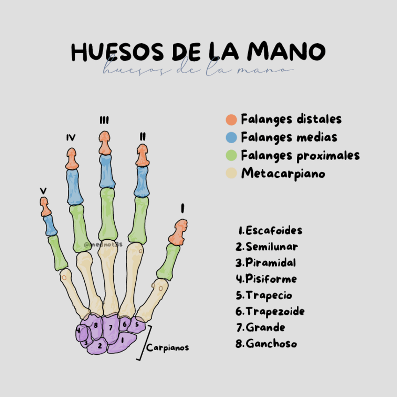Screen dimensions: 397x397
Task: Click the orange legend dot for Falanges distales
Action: pos(231,119)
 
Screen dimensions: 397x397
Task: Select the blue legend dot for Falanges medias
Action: pos(231,137)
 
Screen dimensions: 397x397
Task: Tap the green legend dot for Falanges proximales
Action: pos(231,155)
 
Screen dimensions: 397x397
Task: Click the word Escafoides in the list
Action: pos(274,230)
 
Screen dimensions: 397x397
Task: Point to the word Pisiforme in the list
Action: pos(271,279)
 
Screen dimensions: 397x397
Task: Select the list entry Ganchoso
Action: pos(271,344)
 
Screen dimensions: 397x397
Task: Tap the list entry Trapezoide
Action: pos(275,311)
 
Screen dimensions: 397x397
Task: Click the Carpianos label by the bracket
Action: pos(168,348)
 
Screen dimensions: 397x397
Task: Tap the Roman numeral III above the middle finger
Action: pos(104,121)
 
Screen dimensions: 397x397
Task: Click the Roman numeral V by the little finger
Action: pos(43,191)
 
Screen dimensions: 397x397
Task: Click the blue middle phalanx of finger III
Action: pos(107,171)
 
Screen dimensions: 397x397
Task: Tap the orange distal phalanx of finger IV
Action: pos(72,159)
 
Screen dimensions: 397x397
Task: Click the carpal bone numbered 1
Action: pos(122,342)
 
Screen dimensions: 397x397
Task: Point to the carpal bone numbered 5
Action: pos(137,324)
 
